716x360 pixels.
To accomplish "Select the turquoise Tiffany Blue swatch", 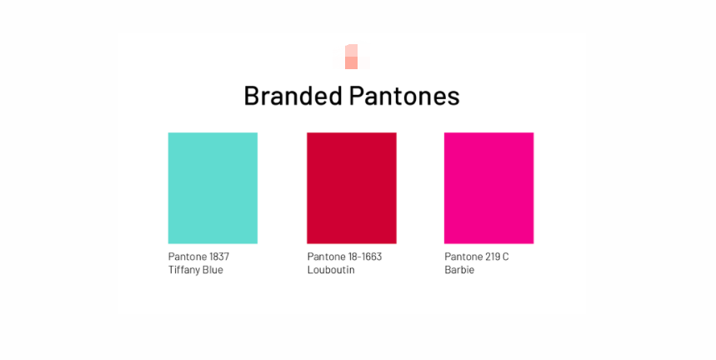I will [x=213, y=187].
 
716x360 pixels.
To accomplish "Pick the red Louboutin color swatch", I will [x=351, y=187].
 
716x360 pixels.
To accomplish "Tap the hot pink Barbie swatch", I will [x=488, y=187].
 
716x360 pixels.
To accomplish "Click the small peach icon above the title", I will [x=351, y=57].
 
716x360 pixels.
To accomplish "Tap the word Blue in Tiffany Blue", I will [x=213, y=270].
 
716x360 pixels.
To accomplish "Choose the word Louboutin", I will [x=331, y=270].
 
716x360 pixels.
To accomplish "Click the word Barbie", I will [x=459, y=270].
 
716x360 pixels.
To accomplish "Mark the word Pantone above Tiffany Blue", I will [x=187, y=257].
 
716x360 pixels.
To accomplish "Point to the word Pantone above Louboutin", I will [x=325, y=257].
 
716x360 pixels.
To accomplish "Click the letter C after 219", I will [x=505, y=257].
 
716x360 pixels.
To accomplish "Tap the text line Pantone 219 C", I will [x=477, y=257].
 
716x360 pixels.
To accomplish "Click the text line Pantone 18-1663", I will [x=344, y=257].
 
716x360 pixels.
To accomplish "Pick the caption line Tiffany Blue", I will [x=196, y=270].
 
